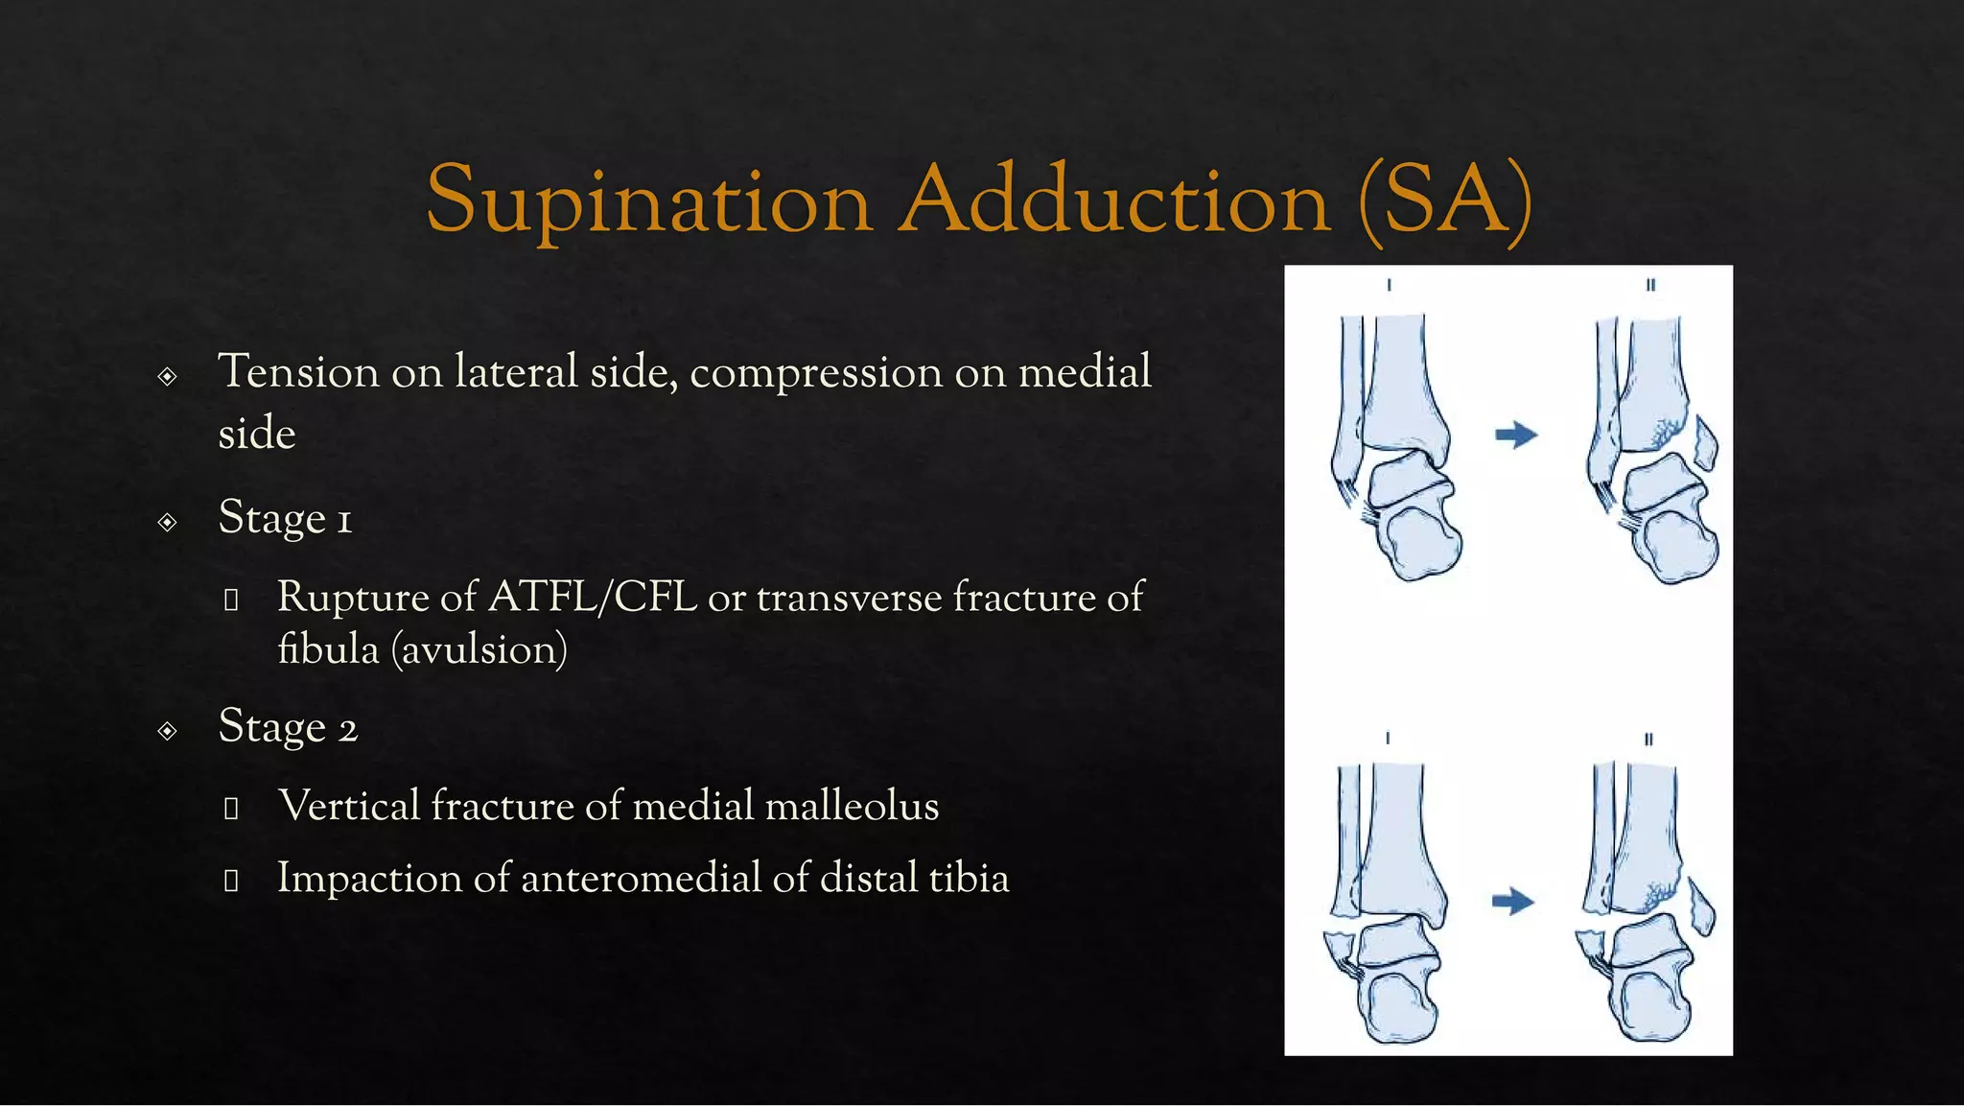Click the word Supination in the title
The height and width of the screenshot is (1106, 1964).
click(648, 200)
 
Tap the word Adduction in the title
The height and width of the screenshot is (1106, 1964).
click(1115, 200)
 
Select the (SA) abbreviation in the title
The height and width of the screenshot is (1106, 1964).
click(1445, 200)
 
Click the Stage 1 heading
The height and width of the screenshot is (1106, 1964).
click(285, 518)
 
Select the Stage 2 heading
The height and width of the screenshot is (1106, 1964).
click(288, 727)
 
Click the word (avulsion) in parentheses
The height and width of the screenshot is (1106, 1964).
click(479, 649)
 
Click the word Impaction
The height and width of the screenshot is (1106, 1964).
click(369, 879)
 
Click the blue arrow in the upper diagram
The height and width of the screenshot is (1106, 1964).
click(1516, 435)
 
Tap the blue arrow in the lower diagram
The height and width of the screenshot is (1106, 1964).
click(1513, 902)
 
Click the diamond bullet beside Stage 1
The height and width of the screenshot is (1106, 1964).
click(168, 522)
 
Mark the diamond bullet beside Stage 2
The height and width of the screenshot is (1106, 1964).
click(168, 731)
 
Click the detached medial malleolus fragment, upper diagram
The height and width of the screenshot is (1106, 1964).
click(1704, 441)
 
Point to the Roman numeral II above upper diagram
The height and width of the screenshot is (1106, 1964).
click(1650, 285)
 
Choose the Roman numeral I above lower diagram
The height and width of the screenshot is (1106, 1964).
click(1388, 739)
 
